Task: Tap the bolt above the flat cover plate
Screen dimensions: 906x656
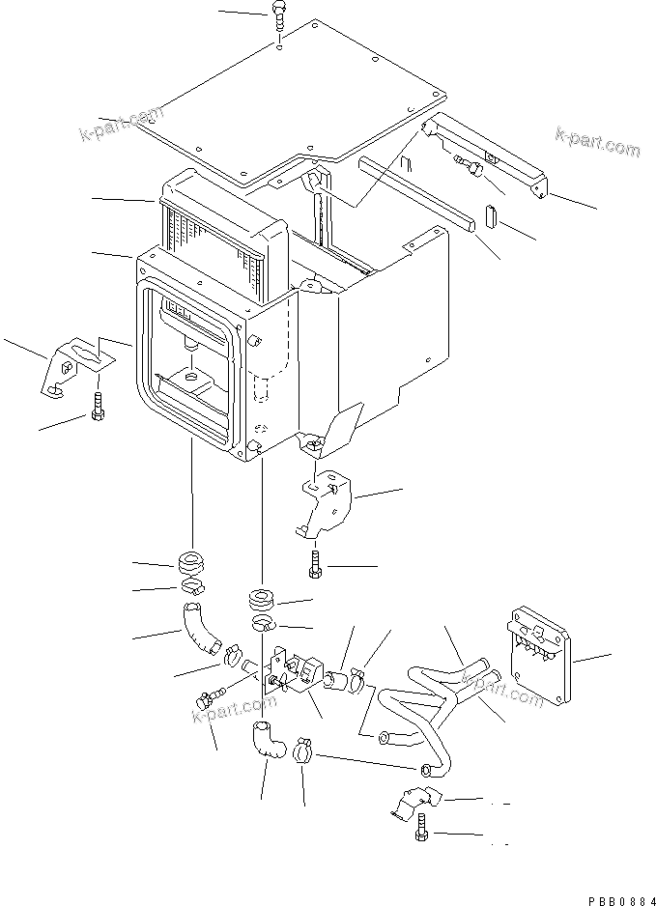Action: click(x=278, y=16)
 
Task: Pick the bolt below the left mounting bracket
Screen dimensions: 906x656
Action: click(x=98, y=409)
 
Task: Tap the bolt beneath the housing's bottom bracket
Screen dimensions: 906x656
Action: click(x=315, y=566)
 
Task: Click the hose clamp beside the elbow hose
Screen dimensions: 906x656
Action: click(x=302, y=748)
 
